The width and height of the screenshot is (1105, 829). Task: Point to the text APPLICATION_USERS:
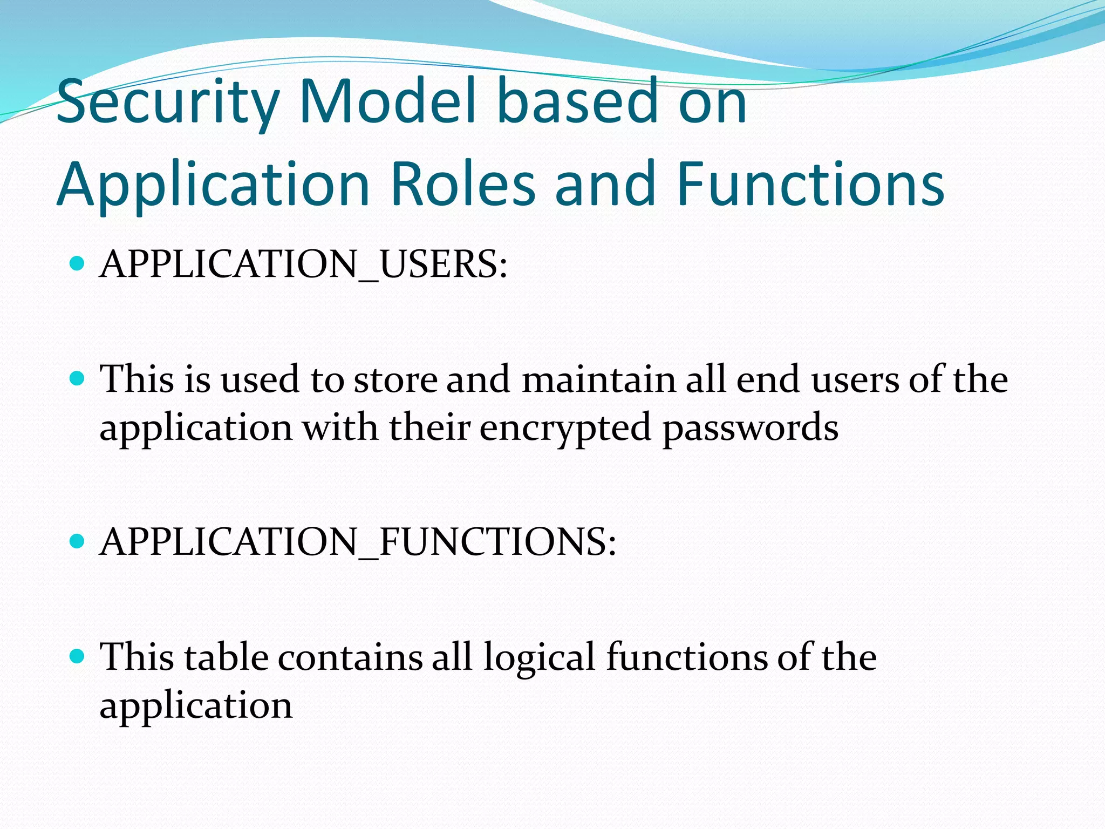[x=304, y=264]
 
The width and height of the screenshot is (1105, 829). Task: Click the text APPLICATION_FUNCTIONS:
[x=358, y=542]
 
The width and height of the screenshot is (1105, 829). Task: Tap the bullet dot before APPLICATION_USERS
[x=78, y=264]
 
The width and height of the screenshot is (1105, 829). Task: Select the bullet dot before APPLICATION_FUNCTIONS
[x=78, y=541]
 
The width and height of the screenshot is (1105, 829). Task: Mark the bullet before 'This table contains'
[x=78, y=656]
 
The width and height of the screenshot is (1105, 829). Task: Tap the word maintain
[x=599, y=379]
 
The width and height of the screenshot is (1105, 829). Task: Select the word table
[x=226, y=657]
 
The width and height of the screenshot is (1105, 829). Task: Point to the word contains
[x=350, y=657]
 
